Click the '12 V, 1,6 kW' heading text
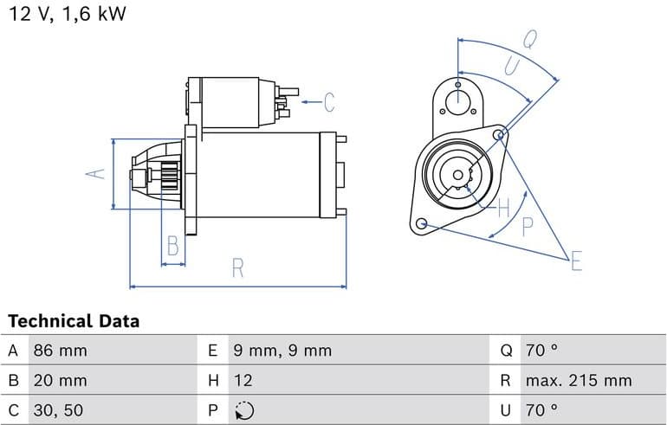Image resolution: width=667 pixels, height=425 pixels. [66, 16]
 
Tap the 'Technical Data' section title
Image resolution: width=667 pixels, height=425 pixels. [74, 321]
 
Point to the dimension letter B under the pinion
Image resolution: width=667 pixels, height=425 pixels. [173, 247]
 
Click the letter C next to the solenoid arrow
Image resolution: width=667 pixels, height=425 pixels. [329, 102]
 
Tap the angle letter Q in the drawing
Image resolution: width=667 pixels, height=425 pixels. [529, 39]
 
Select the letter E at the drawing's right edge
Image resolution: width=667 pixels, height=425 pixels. [577, 261]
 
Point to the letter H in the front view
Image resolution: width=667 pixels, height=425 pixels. [504, 207]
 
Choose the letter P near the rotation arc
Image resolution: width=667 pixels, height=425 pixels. [528, 228]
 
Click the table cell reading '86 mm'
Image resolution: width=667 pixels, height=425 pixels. [60, 351]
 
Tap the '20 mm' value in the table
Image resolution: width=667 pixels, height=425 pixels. [60, 380]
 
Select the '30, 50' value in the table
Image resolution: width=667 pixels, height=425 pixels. [58, 409]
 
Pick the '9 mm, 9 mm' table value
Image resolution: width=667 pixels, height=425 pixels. [282, 351]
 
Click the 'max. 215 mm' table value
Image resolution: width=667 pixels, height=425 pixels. [579, 380]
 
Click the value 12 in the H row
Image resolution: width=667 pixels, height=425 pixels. [243, 380]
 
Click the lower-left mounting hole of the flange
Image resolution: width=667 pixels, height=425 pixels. [422, 224]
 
